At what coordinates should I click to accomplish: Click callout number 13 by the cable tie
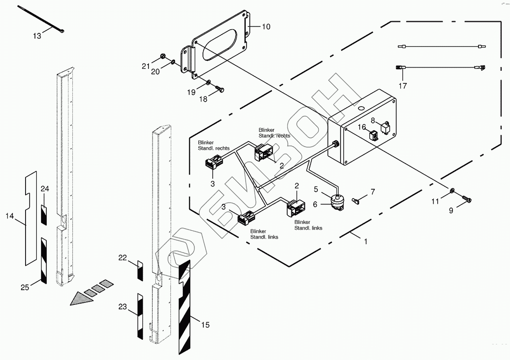point(37,36)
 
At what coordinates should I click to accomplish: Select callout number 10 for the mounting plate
point(266,26)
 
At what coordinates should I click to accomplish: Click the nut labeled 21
point(163,57)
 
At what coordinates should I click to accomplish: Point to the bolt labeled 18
point(220,89)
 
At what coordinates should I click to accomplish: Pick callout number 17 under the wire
point(403,86)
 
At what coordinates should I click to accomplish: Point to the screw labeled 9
point(466,198)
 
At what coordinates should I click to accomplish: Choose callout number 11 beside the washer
point(435,202)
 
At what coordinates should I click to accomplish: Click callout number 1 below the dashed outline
point(366,241)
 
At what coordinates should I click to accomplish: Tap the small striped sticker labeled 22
point(140,271)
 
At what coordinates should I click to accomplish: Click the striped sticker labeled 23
point(140,316)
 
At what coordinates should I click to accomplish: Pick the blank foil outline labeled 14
point(30,228)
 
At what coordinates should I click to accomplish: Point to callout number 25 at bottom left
point(25,287)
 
